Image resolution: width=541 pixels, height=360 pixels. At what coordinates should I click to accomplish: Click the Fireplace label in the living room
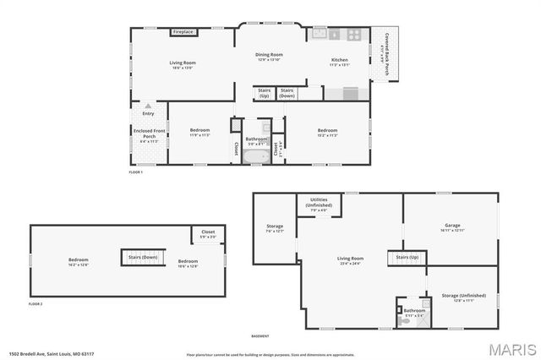click(183, 32)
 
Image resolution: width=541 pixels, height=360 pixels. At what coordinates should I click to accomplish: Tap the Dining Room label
click(269, 56)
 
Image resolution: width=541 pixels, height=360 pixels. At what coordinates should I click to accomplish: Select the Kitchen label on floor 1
click(339, 60)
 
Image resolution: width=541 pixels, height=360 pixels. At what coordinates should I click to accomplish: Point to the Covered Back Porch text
click(387, 52)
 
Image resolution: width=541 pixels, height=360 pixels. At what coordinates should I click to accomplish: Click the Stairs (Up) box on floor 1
click(264, 93)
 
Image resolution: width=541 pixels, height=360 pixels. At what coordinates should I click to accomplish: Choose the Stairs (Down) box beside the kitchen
click(287, 92)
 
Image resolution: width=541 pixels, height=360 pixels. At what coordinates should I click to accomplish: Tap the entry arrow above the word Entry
click(148, 106)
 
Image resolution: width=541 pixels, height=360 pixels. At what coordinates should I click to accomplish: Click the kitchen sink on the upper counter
click(320, 34)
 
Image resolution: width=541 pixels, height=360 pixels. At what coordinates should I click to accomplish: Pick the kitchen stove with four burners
click(354, 35)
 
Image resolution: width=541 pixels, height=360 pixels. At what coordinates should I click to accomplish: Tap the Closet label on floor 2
click(207, 234)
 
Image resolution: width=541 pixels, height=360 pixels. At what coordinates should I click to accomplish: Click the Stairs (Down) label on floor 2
click(143, 257)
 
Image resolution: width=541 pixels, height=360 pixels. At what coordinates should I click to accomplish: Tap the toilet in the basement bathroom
click(403, 320)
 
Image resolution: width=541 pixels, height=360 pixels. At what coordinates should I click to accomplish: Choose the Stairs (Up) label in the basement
click(407, 256)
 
